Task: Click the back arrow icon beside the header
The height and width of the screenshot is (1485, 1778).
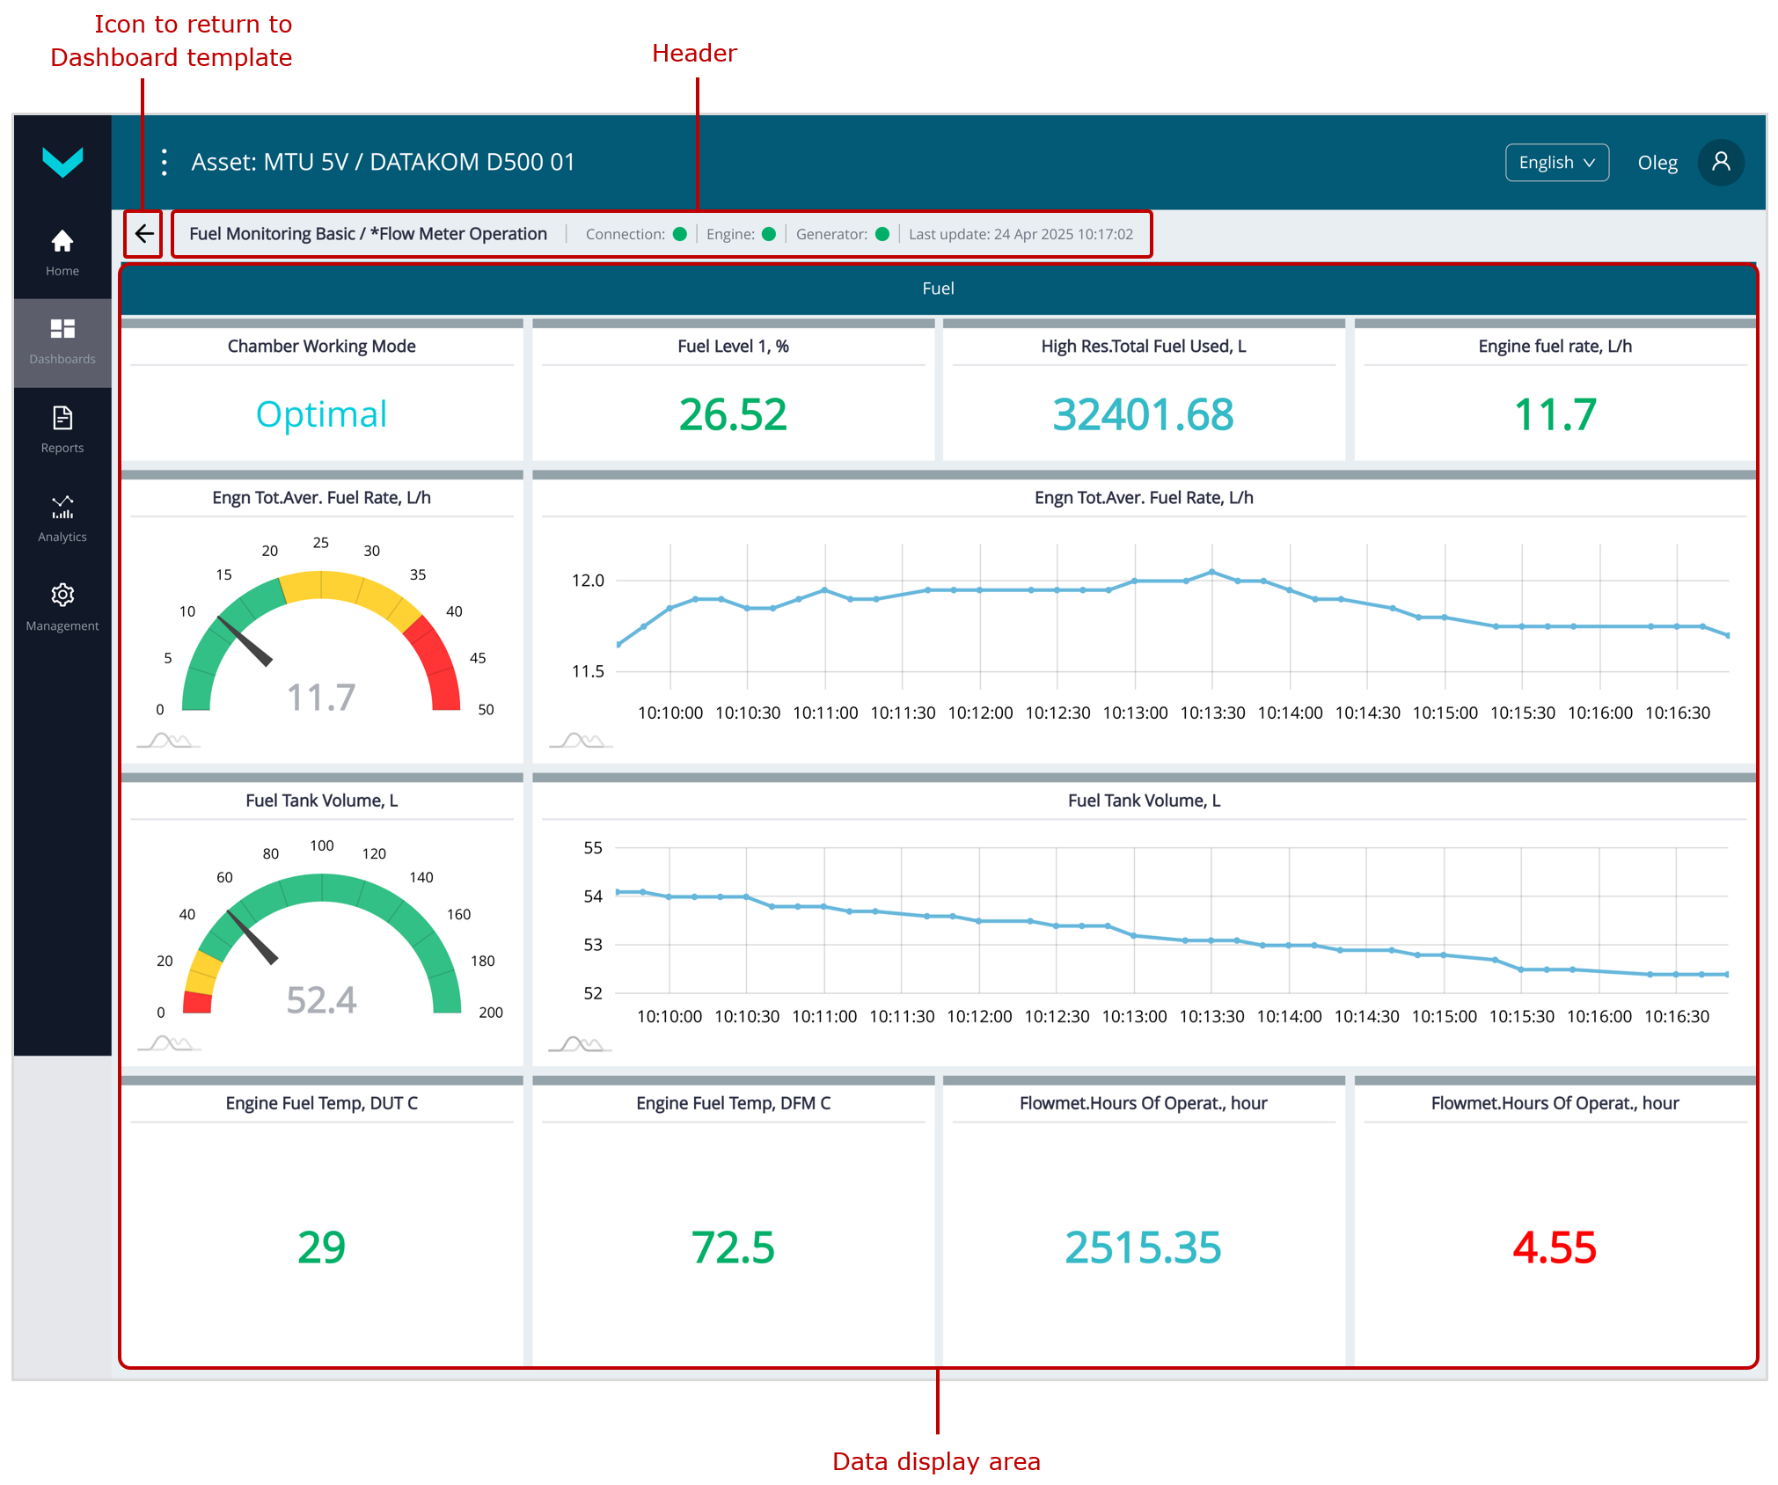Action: point(144,234)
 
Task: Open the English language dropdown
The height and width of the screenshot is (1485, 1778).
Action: point(1556,163)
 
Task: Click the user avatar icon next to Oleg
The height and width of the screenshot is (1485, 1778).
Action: point(1720,163)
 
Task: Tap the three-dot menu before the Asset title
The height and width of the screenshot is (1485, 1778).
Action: point(165,163)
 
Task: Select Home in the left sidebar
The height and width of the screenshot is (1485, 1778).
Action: point(62,252)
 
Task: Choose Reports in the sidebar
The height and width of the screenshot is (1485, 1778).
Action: point(62,429)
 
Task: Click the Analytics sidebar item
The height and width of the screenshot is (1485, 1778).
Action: point(62,518)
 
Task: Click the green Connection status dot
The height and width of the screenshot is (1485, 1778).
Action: point(679,234)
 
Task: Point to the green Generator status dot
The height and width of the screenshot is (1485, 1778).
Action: point(882,234)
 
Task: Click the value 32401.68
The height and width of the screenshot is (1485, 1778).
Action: point(1143,414)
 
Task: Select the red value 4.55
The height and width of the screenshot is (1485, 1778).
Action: point(1554,1247)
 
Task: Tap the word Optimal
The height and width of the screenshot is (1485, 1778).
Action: point(321,414)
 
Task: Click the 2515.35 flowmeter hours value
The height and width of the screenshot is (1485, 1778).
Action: point(1143,1247)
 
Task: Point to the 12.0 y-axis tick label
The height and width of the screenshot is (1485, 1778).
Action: point(588,581)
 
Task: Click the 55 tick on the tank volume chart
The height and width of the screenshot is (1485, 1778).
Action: point(593,848)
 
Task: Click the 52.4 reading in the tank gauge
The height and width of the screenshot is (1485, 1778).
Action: point(321,1000)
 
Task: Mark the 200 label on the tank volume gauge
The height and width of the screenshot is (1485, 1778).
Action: point(490,1013)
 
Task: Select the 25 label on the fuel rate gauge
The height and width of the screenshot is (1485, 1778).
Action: point(321,543)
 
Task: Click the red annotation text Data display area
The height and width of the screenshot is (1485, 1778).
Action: point(936,1461)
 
